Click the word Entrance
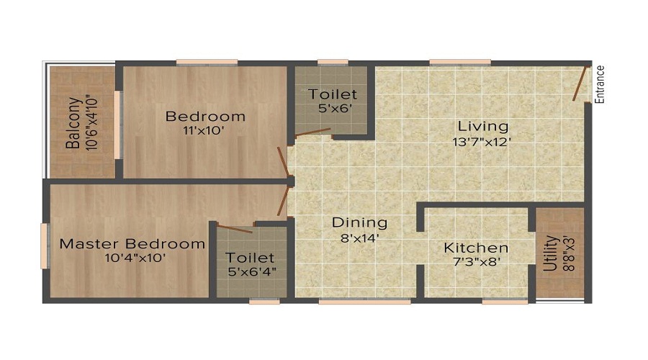[600, 85]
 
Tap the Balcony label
[73, 122]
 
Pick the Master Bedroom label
[132, 243]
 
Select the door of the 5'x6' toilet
[312, 132]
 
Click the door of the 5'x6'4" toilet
[235, 229]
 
